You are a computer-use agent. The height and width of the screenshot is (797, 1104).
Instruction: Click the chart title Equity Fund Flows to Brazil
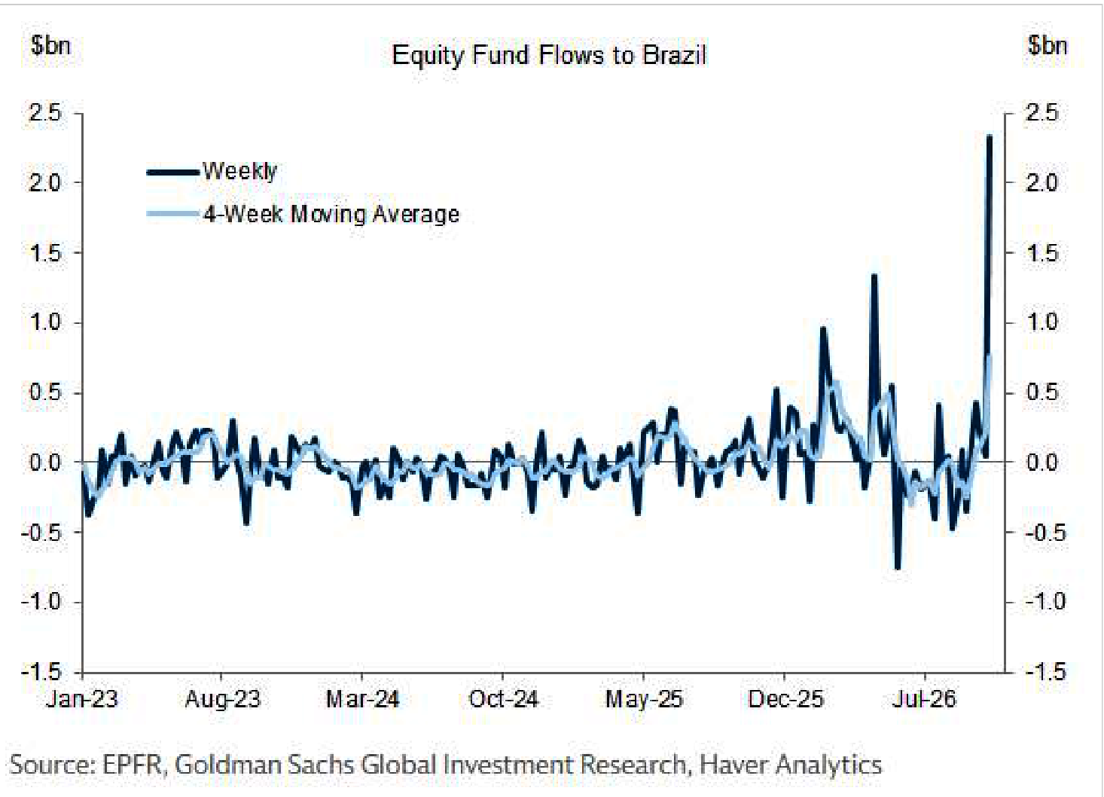click(x=548, y=55)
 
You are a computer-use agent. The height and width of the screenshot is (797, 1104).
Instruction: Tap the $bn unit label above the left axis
click(x=50, y=46)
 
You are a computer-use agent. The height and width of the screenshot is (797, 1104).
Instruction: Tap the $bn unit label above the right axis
click(x=1048, y=46)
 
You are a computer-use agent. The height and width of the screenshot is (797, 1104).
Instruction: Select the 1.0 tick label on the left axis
click(x=45, y=323)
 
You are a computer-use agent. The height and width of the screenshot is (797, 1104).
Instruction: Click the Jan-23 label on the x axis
click(x=82, y=699)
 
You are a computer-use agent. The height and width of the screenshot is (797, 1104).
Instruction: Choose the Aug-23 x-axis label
click(x=223, y=699)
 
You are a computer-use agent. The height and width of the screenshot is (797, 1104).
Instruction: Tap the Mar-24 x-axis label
click(x=363, y=699)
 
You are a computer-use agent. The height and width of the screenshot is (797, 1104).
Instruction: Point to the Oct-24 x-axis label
click(x=503, y=699)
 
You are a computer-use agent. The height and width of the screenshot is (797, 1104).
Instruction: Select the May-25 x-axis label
click(x=644, y=699)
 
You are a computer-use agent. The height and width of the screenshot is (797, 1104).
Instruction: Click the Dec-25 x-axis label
click(x=785, y=699)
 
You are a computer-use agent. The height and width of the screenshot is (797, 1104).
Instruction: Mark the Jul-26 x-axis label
click(x=925, y=699)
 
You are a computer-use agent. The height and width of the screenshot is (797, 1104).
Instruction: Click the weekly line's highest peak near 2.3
click(x=989, y=136)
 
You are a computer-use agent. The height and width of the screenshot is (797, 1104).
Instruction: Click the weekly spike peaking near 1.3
click(x=874, y=276)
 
